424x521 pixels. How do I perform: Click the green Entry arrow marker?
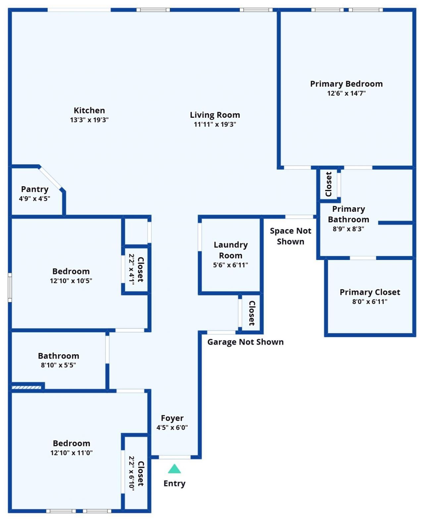coord(174,469)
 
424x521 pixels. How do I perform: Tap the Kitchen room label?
coord(89,110)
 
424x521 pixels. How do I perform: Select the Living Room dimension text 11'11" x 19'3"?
coord(215,124)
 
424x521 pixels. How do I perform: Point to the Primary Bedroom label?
coord(346,84)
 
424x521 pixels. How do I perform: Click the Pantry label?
coord(35,189)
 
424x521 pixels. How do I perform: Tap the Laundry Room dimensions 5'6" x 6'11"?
coord(230,265)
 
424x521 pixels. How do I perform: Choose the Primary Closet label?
coord(370,292)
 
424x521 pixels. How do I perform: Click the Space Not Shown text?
coord(291,236)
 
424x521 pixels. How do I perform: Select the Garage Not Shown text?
coord(245,342)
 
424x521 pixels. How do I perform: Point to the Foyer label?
coord(172,418)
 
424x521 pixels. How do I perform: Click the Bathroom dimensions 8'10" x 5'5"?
coord(58,365)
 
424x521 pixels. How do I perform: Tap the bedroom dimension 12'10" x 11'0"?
coord(71,453)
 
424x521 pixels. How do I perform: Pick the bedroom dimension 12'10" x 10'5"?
coord(71,281)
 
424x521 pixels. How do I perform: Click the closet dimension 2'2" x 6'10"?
coord(132,473)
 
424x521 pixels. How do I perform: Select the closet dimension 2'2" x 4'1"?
coord(132,269)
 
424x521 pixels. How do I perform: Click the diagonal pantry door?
coord(50,178)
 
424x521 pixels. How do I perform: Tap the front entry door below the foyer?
coord(175,457)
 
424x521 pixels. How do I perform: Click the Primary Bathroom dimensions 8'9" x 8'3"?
coord(348,229)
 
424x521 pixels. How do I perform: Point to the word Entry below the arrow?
coord(174,483)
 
